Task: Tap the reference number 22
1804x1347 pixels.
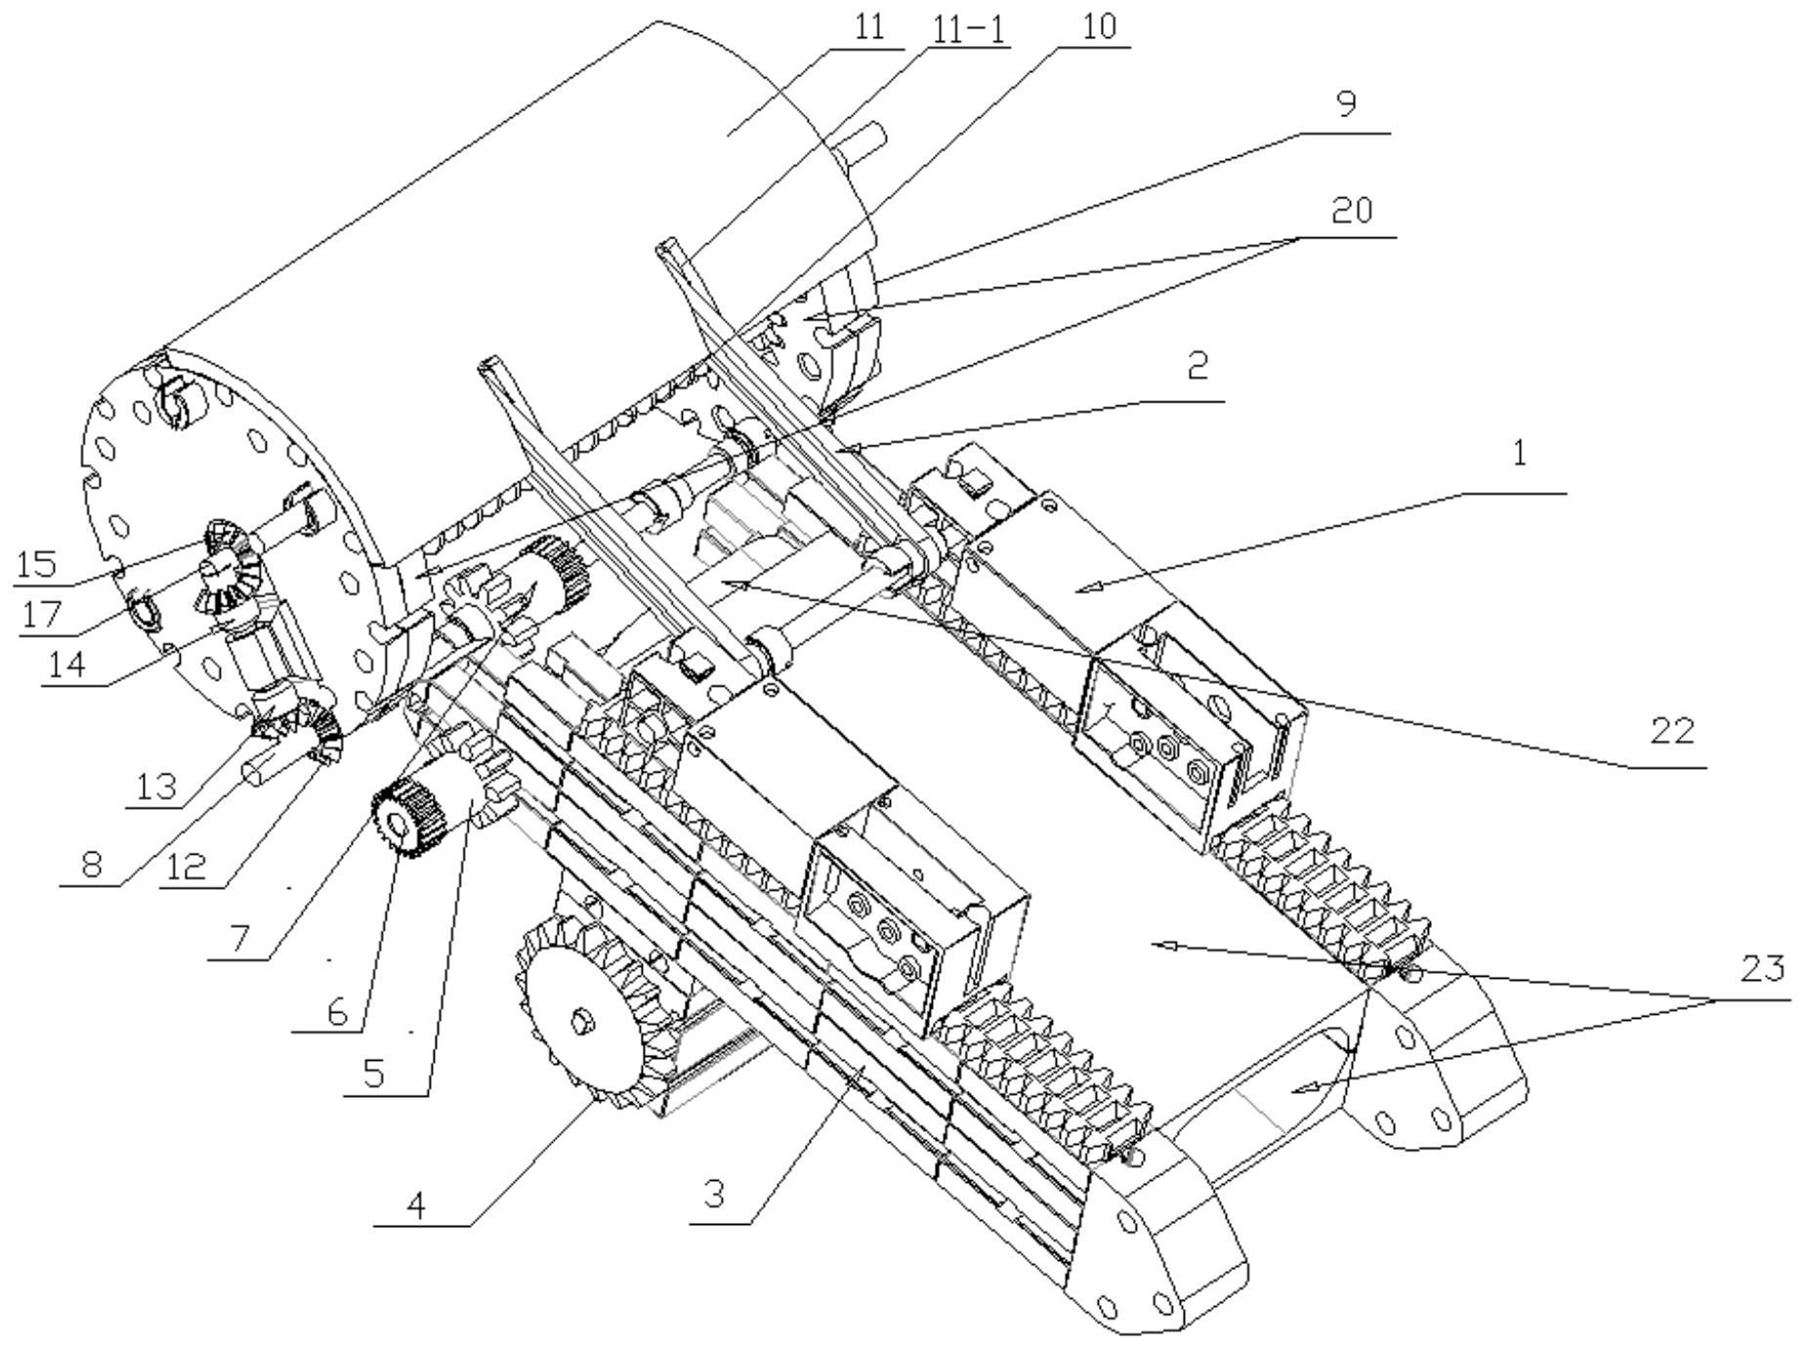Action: pyautogui.click(x=1671, y=732)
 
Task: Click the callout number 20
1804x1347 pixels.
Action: pyautogui.click(x=1352, y=209)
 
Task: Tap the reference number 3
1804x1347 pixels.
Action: pyautogui.click(x=714, y=1194)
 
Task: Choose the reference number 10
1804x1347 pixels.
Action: pyautogui.click(x=1099, y=26)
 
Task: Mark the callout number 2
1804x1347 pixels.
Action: pyautogui.click(x=1197, y=364)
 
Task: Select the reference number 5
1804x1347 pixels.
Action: pyautogui.click(x=373, y=1073)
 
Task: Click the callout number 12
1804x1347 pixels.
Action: pyautogui.click(x=186, y=866)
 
